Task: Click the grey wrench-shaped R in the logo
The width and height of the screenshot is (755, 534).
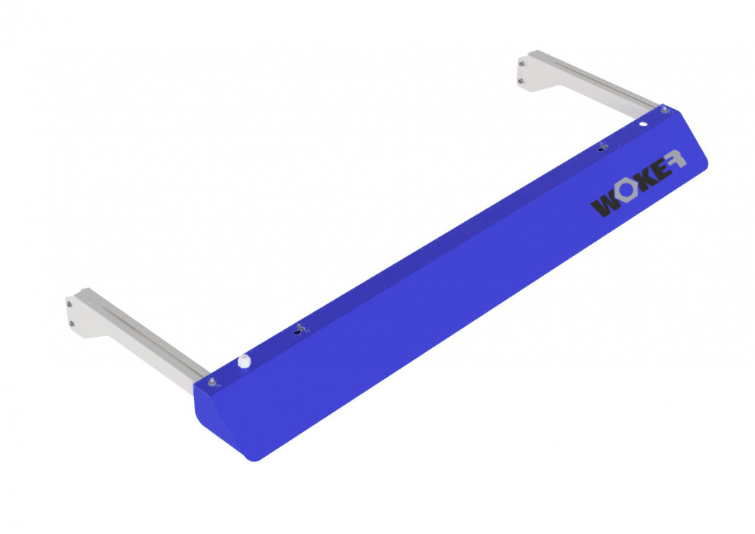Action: pyautogui.click(x=676, y=159)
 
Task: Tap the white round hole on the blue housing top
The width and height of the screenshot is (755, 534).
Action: pyautogui.click(x=643, y=124)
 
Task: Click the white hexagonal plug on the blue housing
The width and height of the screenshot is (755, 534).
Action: pyautogui.click(x=245, y=361)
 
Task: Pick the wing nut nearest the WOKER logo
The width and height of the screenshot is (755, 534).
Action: pyautogui.click(x=602, y=146)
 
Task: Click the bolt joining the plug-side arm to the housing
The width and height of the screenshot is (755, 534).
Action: pyautogui.click(x=211, y=383)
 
